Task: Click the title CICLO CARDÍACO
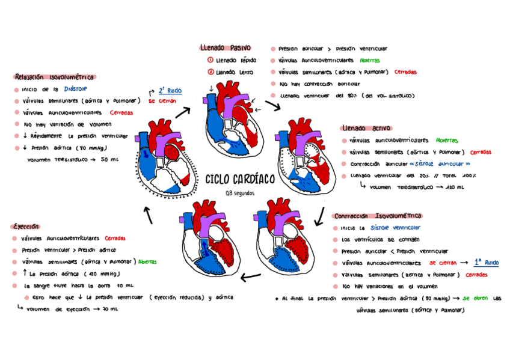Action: [x=240, y=179]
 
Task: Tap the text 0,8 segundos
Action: [x=240, y=193]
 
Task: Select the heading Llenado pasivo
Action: [x=225, y=47]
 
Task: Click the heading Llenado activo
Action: [x=366, y=128]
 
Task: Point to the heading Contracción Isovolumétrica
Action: [x=378, y=216]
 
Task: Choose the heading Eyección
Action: [x=25, y=227]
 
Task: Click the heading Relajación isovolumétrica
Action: [x=54, y=77]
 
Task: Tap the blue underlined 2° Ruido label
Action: [x=170, y=91]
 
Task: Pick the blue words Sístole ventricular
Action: [x=395, y=228]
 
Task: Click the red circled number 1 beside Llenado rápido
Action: [x=210, y=60]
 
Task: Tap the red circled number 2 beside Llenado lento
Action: [x=210, y=72]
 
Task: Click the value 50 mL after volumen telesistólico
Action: [x=109, y=159]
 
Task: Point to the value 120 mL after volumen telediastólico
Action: [x=455, y=187]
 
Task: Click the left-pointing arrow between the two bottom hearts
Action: [x=250, y=276]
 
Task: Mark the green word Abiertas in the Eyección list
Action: [x=147, y=262]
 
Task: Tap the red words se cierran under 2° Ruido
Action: [x=162, y=101]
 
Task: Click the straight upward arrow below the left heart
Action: [x=148, y=215]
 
